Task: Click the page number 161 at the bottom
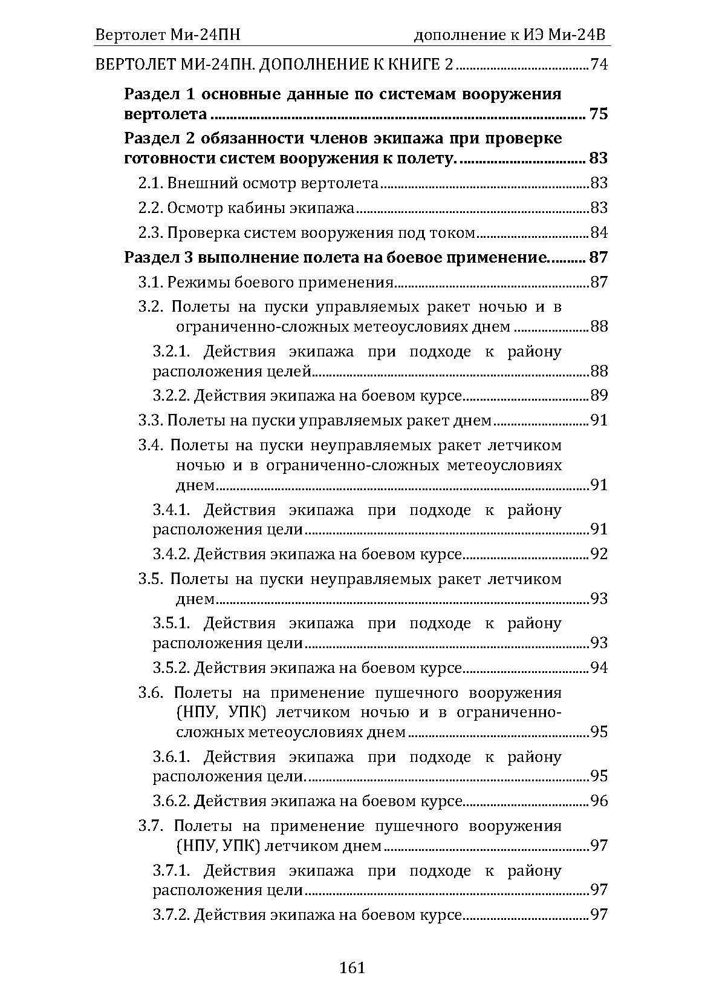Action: [352, 968]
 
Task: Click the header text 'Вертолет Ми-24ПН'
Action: [167, 35]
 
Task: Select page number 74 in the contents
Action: [599, 65]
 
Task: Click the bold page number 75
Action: [598, 114]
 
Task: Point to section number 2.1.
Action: [150, 183]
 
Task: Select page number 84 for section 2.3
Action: [599, 233]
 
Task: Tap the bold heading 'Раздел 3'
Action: [158, 258]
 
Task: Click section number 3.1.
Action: [150, 283]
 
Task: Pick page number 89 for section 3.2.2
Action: [599, 396]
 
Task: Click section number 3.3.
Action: [150, 421]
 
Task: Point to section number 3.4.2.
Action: [171, 554]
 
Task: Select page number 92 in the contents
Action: [599, 554]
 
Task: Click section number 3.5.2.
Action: [171, 668]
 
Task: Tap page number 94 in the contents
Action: [599, 668]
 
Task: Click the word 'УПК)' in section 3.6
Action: [249, 712]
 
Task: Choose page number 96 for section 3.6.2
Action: [599, 801]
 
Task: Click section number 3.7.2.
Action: [171, 915]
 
